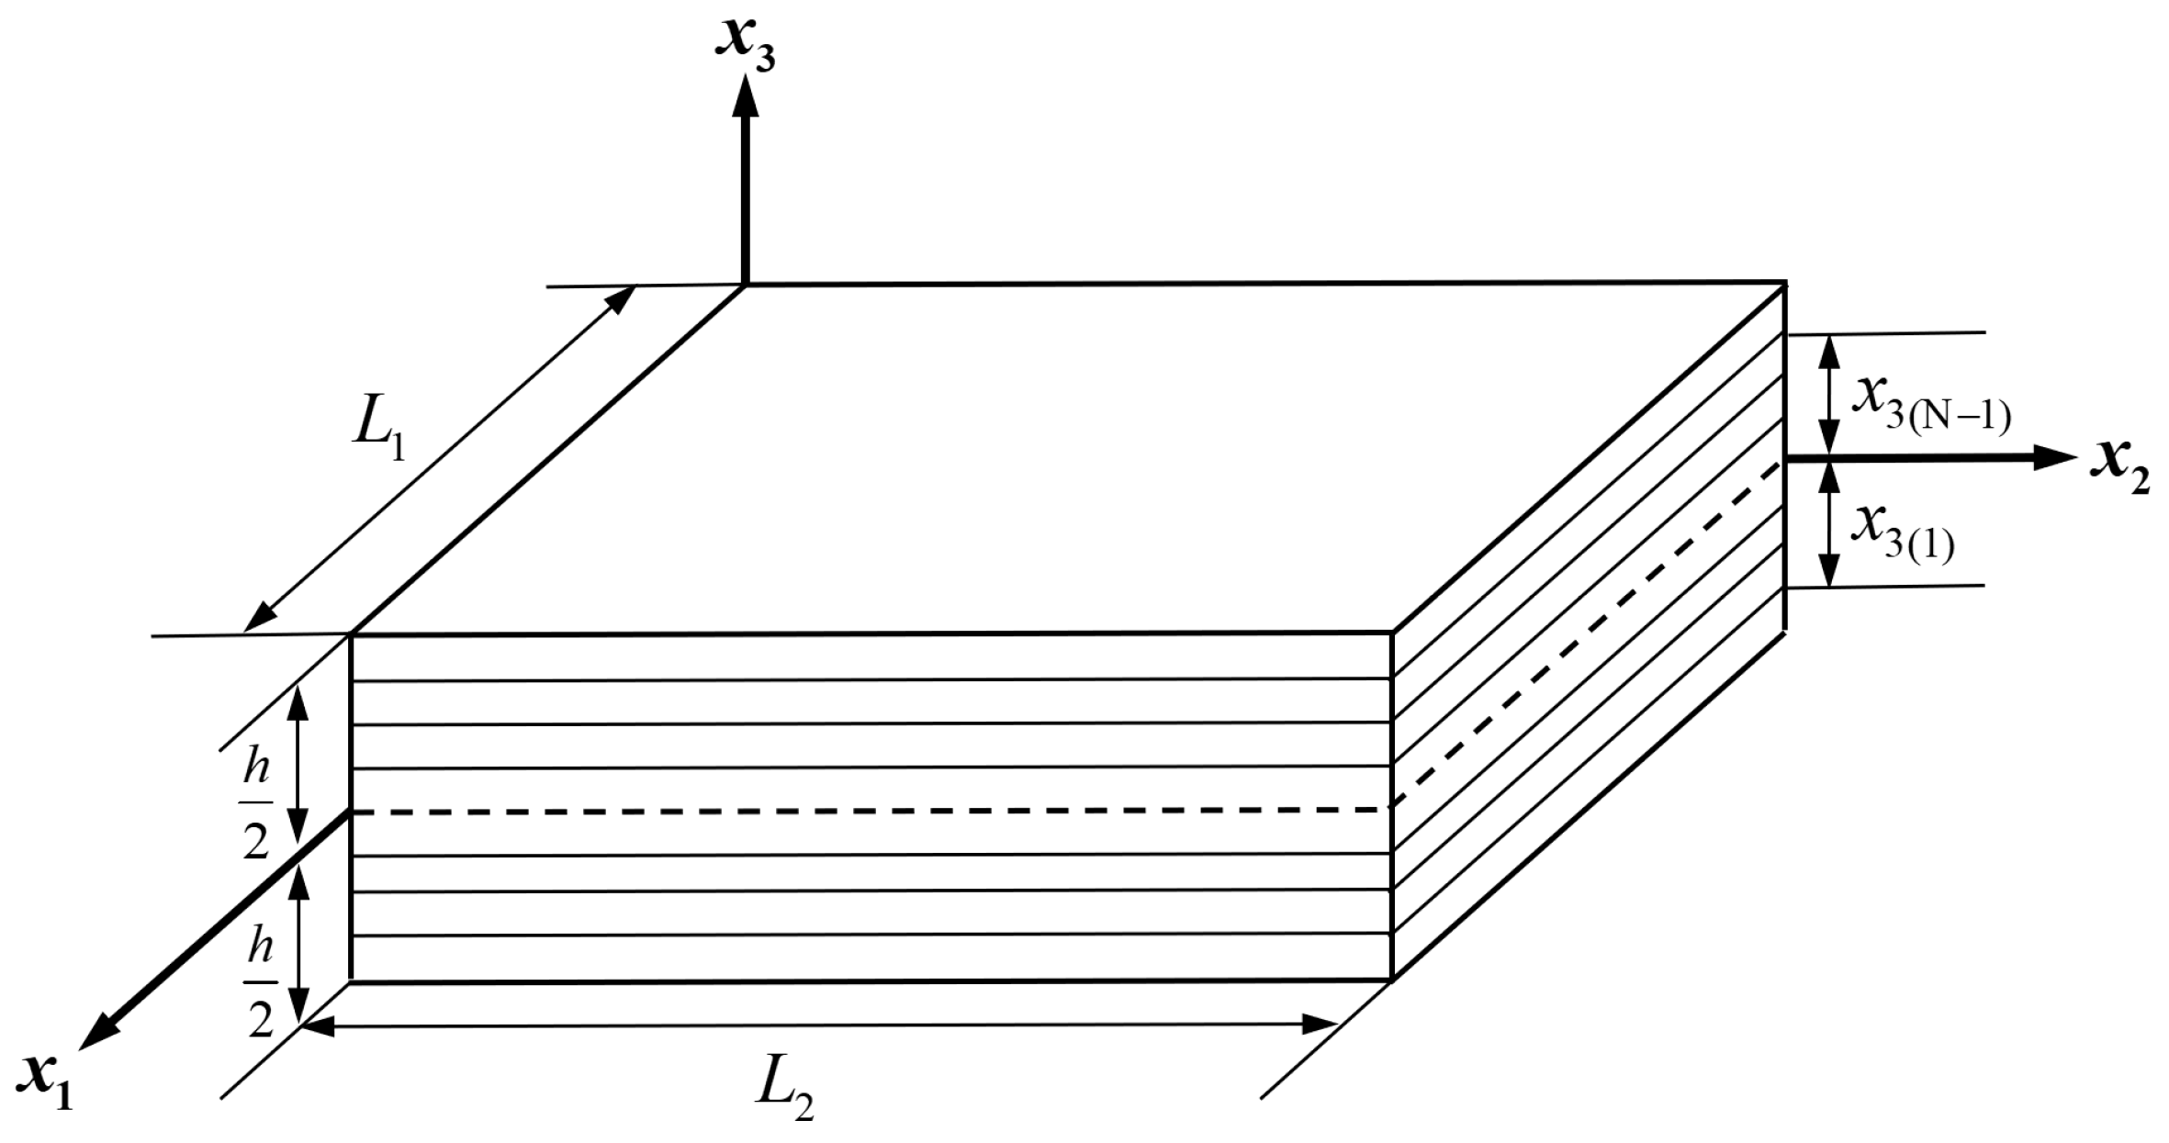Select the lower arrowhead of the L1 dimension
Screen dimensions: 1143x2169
[x=261, y=617]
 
